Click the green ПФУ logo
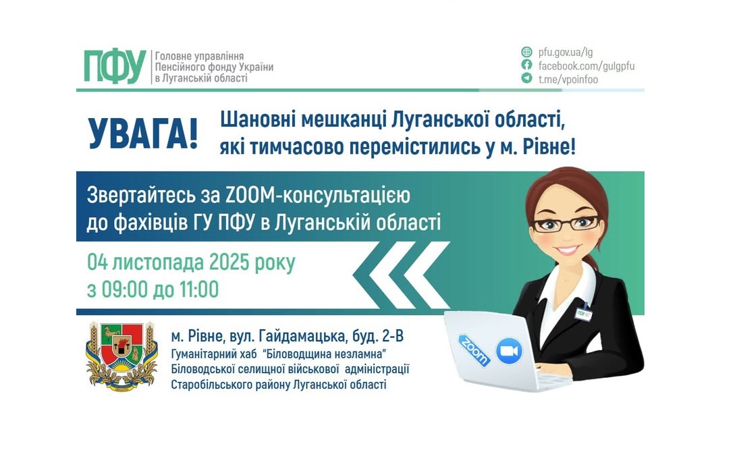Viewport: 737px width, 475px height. pos(115,67)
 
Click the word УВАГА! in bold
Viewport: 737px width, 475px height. pos(143,134)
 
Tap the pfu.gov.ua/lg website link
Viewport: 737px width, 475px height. pos(566,52)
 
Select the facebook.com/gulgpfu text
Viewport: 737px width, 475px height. pos(586,65)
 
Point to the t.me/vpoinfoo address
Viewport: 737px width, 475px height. pos(568,79)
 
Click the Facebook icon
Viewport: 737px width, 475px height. pos(526,65)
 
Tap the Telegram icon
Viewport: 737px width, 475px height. pos(526,78)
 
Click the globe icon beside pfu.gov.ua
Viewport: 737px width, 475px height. pos(526,52)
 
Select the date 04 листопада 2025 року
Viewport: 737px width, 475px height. pos(191,262)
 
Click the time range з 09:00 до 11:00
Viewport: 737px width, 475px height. pos(153,289)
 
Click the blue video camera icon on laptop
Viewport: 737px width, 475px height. pos(510,351)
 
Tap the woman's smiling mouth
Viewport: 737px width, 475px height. pos(568,250)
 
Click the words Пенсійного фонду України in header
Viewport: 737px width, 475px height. pos(214,67)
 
